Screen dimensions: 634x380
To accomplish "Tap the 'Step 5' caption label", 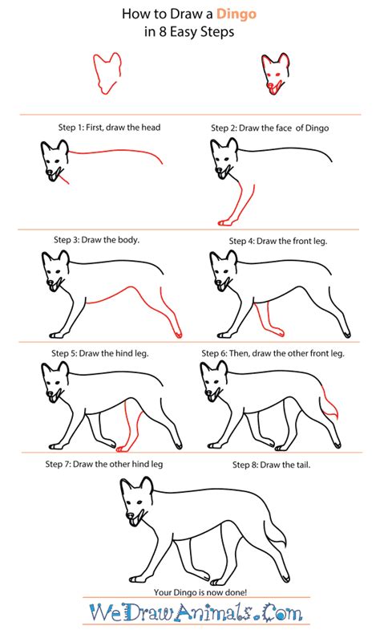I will pos(74,352).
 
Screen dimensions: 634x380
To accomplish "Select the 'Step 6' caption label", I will pos(227,352).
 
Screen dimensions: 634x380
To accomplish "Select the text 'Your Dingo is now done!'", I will pos(189,591).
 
